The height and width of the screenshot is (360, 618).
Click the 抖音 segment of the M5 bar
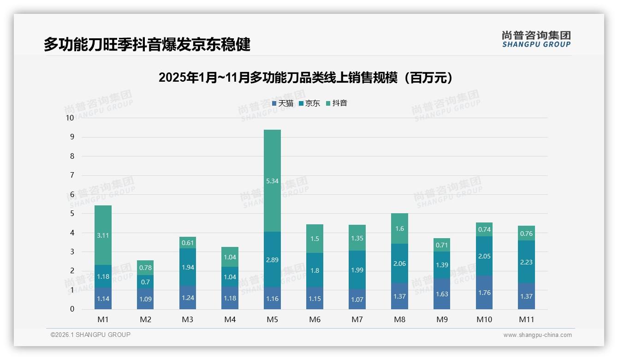coord(272,180)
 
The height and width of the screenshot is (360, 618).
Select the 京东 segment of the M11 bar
coord(526,262)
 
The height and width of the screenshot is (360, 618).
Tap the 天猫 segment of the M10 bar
coord(484,293)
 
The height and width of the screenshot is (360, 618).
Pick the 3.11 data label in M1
coord(103,235)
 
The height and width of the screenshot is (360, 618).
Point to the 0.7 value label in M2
coord(145,282)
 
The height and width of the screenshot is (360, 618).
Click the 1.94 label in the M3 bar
coord(188,267)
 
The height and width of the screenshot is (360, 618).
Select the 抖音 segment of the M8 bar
coord(399,228)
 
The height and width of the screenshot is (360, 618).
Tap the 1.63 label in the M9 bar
coord(442,294)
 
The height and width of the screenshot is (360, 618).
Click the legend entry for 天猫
coord(283,103)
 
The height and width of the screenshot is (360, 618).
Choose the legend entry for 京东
coord(309,103)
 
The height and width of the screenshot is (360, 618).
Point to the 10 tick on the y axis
coord(70,118)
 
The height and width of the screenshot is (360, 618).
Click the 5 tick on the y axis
coord(72,214)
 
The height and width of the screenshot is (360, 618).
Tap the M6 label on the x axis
coord(315,319)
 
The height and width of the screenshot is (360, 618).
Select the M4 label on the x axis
coord(230,319)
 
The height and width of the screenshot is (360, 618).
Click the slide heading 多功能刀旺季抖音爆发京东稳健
coord(147,45)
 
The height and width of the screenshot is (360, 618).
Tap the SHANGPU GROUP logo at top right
coord(536,39)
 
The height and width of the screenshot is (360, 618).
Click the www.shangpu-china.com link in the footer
coord(537,335)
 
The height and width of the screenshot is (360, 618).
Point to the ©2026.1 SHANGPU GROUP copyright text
coord(90,335)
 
